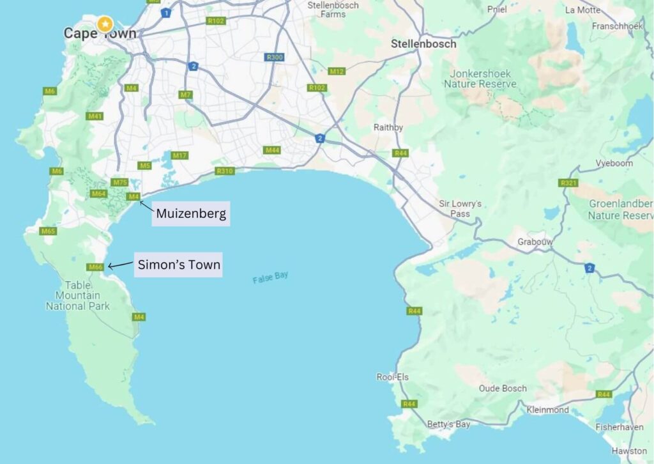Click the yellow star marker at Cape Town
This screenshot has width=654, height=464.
click(x=104, y=24)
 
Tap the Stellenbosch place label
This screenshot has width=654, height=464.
click(x=423, y=44)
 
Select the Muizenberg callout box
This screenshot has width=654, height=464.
click(x=191, y=213)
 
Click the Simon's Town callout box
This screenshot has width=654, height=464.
click(x=178, y=265)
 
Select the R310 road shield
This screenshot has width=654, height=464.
click(x=225, y=171)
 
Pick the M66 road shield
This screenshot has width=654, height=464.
click(x=96, y=267)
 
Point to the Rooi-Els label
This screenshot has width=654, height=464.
click(x=392, y=377)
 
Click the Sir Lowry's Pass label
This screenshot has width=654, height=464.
click(x=460, y=208)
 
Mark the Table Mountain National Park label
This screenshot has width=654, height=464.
click(x=77, y=296)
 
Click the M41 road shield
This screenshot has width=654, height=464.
click(x=95, y=116)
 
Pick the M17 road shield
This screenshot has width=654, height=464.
click(x=179, y=155)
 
